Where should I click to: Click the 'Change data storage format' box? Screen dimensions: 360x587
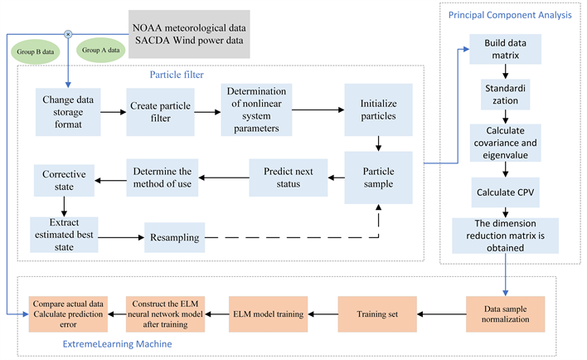[66, 112]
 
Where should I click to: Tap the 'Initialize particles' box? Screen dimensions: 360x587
[379, 111]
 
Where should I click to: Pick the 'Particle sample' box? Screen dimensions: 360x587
[379, 177]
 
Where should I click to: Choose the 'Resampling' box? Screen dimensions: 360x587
[176, 236]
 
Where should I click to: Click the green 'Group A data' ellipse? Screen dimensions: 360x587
[101, 51]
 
